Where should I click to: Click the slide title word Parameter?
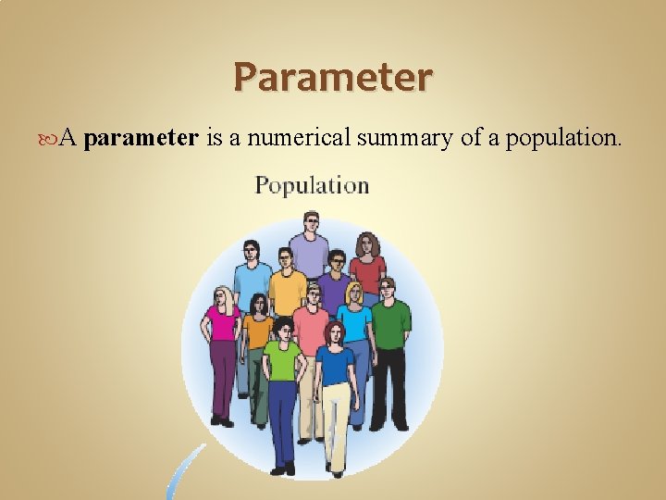click(x=333, y=77)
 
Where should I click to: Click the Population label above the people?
click(x=312, y=185)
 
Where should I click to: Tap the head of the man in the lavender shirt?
click(x=310, y=223)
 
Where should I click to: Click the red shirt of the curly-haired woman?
click(x=368, y=274)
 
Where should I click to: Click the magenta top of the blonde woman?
click(x=223, y=323)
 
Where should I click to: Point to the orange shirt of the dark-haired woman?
click(x=258, y=331)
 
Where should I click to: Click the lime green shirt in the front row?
click(x=282, y=360)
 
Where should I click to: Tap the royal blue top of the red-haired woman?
click(x=334, y=365)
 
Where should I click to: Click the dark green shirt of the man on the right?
click(x=391, y=319)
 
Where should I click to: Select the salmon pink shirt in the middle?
click(x=310, y=330)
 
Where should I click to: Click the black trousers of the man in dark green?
click(x=388, y=384)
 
